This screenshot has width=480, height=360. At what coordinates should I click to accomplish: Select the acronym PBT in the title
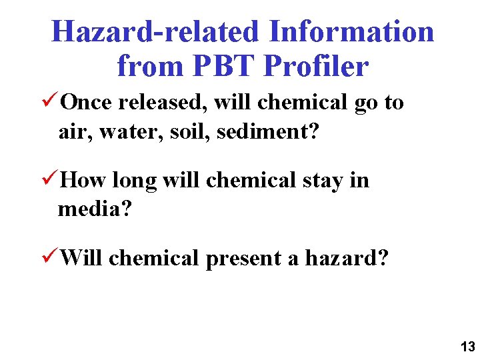click(224, 65)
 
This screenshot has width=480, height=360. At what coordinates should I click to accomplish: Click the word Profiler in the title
click(316, 65)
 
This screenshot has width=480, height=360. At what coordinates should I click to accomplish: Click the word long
click(134, 181)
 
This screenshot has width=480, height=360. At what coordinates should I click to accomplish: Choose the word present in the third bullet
click(243, 258)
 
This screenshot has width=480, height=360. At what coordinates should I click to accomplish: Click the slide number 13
click(467, 346)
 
